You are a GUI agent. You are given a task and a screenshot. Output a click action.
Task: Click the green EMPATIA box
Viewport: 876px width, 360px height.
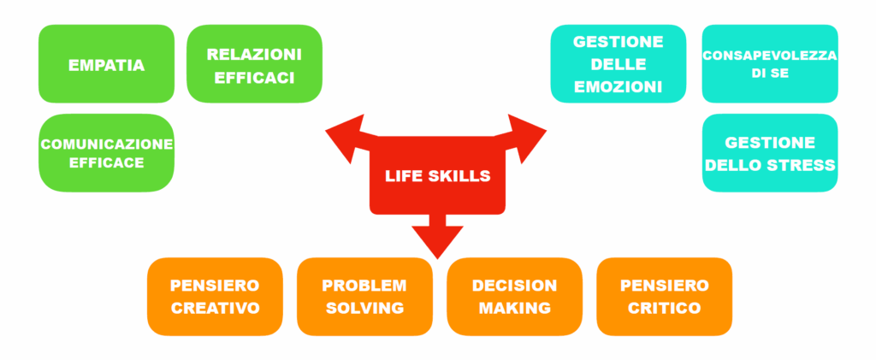click(x=106, y=63)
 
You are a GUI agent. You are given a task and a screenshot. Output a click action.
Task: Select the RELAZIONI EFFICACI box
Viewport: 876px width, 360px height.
click(x=254, y=63)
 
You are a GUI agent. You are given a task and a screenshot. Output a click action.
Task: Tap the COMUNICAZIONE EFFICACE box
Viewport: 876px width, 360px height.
click(x=106, y=153)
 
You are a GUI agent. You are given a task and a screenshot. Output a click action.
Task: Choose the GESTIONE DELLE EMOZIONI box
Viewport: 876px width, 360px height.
click(x=619, y=63)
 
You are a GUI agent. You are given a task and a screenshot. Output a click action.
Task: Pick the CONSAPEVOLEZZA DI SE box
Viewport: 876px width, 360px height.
click(x=770, y=63)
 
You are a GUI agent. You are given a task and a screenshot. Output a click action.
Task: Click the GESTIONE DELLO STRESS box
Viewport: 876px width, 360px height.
click(x=770, y=153)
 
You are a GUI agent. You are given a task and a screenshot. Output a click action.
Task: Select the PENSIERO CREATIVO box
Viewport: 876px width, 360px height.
click(x=215, y=297)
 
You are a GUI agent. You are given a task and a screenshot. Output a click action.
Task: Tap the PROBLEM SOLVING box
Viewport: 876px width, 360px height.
click(x=364, y=297)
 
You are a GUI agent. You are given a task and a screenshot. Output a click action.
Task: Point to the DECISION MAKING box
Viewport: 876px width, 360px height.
click(x=514, y=297)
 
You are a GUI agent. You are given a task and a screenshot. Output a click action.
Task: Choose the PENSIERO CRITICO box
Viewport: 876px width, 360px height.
click(x=664, y=297)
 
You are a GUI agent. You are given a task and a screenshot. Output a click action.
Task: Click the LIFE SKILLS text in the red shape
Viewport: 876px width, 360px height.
click(x=437, y=176)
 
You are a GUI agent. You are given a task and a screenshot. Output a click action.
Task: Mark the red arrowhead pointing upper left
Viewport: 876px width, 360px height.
click(x=347, y=138)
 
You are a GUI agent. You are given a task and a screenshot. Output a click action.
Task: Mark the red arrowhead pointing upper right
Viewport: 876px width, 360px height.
click(x=525, y=138)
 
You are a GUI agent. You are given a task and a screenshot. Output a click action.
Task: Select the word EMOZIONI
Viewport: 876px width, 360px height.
click(x=618, y=87)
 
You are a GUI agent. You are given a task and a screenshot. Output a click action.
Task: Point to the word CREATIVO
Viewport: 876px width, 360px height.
click(x=215, y=308)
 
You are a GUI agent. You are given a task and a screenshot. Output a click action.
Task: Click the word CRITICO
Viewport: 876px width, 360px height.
click(x=664, y=308)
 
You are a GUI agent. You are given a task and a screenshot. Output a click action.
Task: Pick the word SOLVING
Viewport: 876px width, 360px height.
click(x=364, y=308)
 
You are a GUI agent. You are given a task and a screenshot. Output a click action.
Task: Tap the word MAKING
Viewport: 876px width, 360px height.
click(x=514, y=308)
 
